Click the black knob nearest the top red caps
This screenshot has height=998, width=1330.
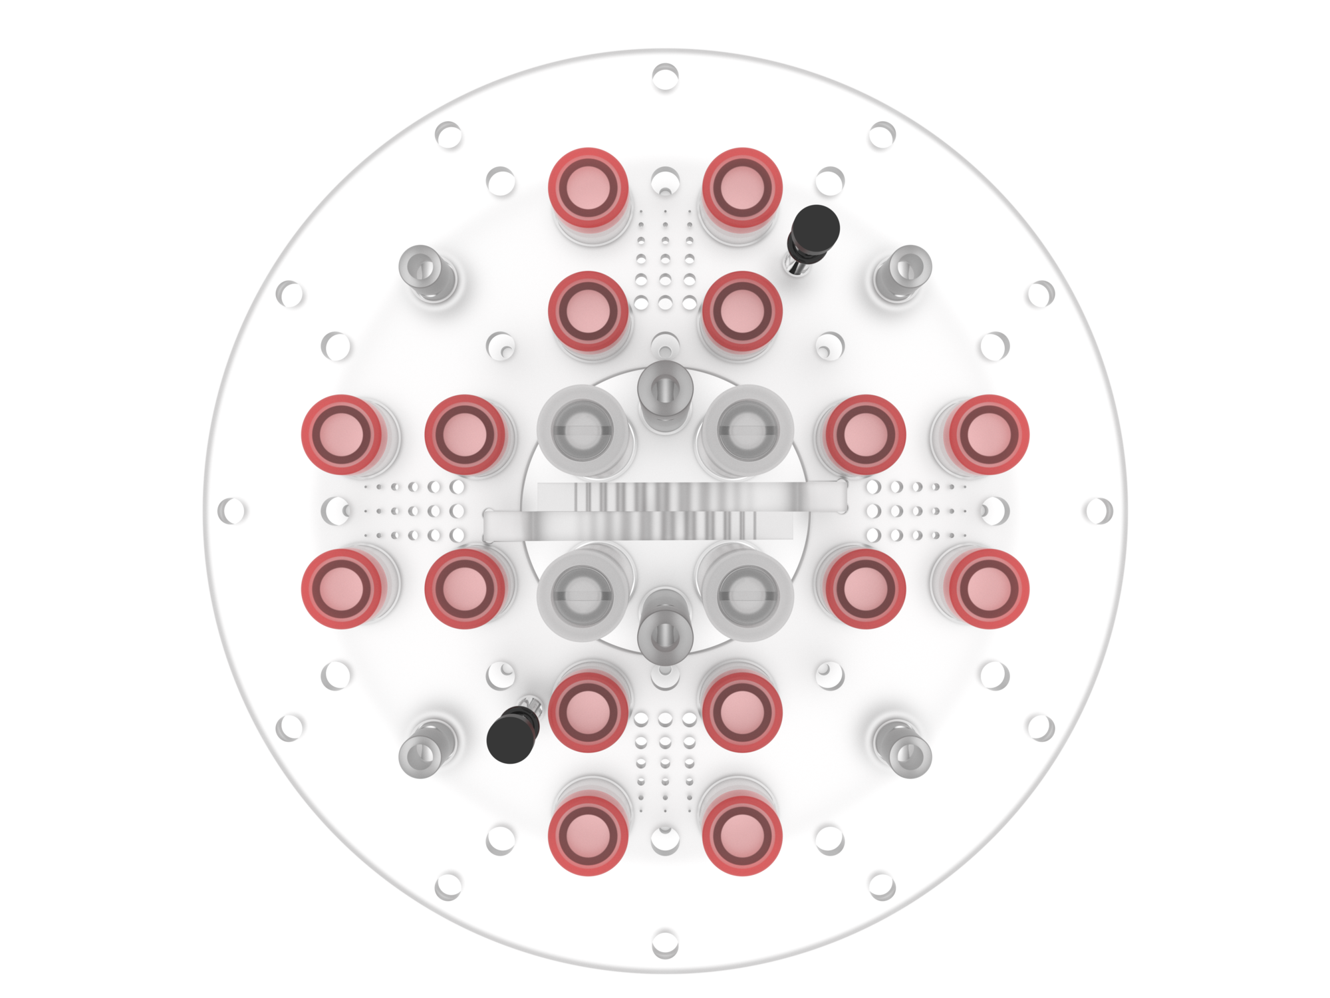(x=814, y=228)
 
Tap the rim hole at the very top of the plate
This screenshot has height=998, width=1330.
(x=665, y=77)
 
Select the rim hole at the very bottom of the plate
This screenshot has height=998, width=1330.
(x=665, y=943)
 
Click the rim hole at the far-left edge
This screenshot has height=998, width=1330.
(x=231, y=511)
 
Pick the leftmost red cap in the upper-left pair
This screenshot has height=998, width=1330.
(x=342, y=434)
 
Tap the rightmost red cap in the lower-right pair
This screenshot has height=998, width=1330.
(x=988, y=589)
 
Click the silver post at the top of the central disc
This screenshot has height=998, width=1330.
(x=665, y=393)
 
